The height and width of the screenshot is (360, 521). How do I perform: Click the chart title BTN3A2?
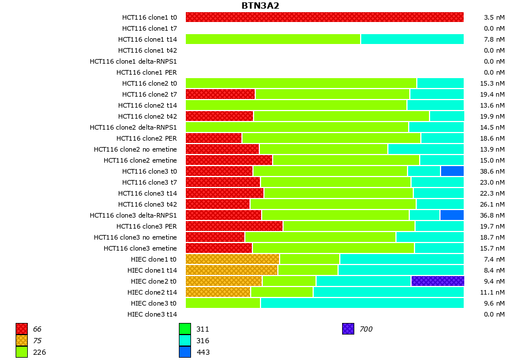click(260, 6)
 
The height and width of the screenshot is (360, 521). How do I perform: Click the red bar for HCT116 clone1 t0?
click(324, 17)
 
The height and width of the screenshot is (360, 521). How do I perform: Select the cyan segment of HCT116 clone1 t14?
click(412, 39)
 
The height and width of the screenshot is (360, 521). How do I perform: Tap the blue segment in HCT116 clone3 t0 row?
click(452, 171)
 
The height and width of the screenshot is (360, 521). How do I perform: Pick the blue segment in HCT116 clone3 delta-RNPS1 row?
click(452, 215)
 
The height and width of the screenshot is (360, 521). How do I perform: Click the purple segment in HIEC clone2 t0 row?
click(437, 281)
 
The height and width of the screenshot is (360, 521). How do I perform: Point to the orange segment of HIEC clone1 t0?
click(232, 259)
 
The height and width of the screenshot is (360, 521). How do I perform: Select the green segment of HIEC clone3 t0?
click(223, 303)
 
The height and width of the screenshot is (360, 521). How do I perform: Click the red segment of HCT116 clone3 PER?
click(234, 226)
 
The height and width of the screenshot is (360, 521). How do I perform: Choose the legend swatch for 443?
click(185, 352)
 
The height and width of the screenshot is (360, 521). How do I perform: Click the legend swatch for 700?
click(348, 329)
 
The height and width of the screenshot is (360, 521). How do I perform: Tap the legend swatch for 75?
click(21, 340)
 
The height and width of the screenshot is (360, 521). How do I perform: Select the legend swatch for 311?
click(185, 329)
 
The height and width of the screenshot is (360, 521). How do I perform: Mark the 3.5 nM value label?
click(494, 17)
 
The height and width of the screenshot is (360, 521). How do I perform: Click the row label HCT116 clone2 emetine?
click(140, 160)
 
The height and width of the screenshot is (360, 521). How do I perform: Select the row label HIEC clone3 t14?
click(152, 314)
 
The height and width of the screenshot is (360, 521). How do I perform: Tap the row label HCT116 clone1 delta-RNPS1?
click(133, 61)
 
